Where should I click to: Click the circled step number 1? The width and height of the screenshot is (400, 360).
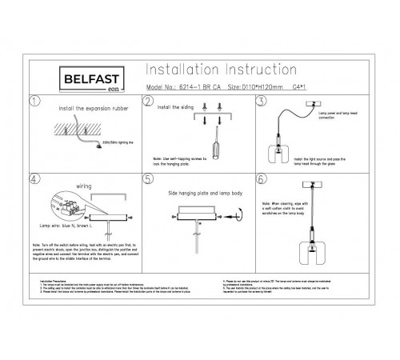click(x=33, y=102)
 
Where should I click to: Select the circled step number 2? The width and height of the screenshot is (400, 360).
click(x=148, y=102)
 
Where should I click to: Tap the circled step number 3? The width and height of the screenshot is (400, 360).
click(x=260, y=102)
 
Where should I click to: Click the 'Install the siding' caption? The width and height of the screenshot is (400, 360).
click(x=176, y=106)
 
